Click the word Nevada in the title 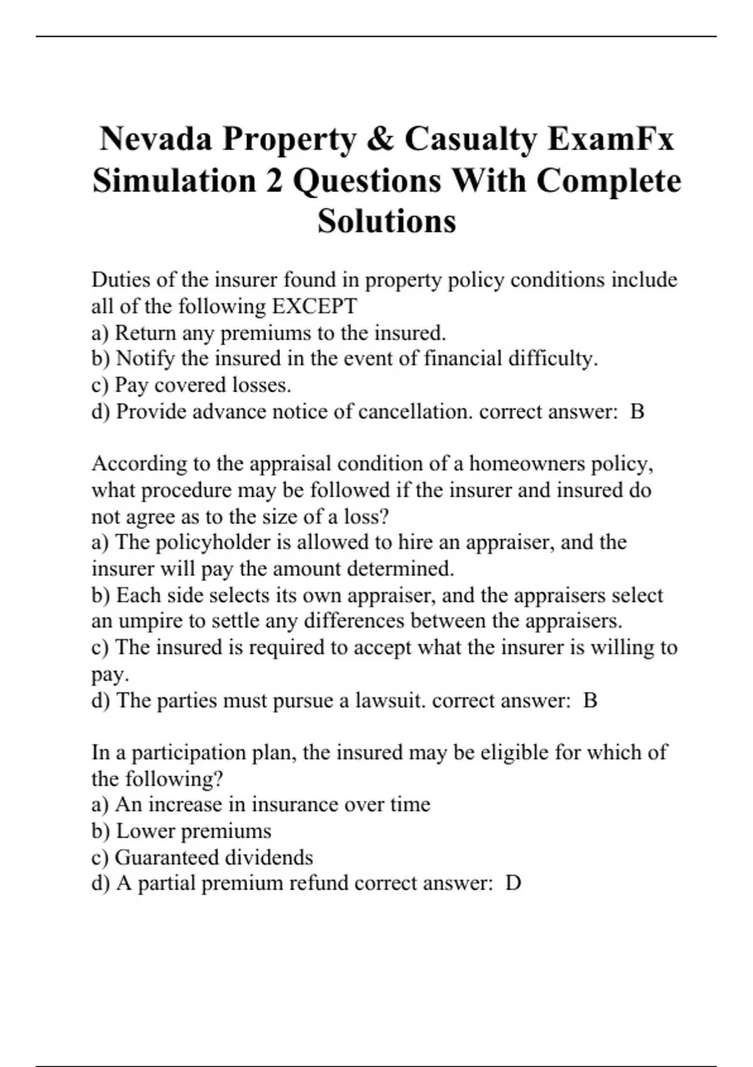[156, 139]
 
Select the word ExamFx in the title [611, 139]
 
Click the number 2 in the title [274, 181]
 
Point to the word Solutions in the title [387, 221]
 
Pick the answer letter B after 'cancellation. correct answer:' [637, 412]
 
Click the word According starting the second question [139, 464]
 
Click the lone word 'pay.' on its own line [110, 675]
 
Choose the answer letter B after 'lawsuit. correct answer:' [590, 700]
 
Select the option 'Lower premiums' [193, 831]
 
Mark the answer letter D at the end [513, 884]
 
